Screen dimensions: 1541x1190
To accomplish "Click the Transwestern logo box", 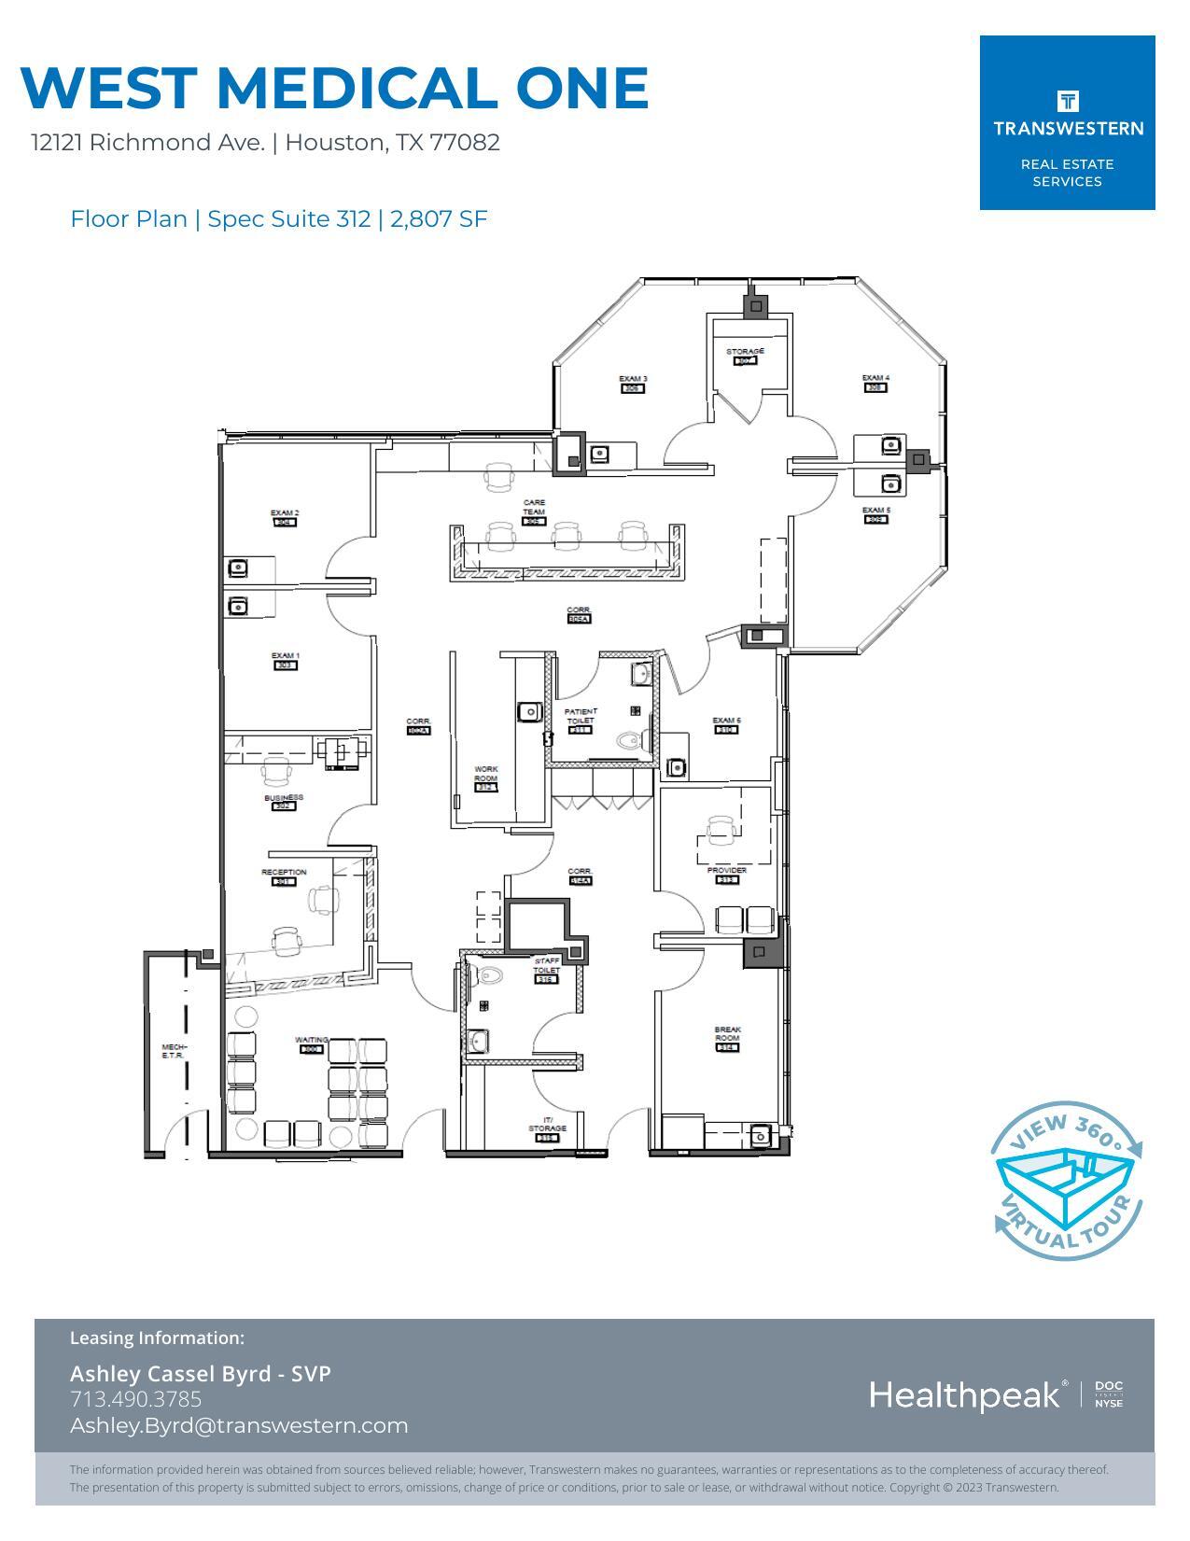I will pos(1067,122).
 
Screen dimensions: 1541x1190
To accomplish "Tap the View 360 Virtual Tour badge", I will pos(1067,1179).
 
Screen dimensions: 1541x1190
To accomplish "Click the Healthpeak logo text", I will pos(965,1395).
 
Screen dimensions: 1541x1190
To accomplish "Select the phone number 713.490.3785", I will pos(136,1399).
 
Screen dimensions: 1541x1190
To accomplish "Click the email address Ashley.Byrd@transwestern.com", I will pos(239,1425).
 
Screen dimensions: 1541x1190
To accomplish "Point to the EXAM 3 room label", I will pos(633,379).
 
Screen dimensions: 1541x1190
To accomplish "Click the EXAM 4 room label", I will pos(875,378).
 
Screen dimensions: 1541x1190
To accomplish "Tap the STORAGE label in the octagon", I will pos(745,352).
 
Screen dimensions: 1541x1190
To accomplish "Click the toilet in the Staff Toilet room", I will pos(489,976).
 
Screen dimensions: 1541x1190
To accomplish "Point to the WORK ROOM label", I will pos(485,774).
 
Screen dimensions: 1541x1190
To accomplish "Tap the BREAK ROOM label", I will pos(727,1034).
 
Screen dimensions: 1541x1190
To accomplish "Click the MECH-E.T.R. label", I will pos(174,1051).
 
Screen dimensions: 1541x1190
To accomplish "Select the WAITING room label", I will pos(311,1040).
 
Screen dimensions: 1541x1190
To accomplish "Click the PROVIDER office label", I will pos(726,870).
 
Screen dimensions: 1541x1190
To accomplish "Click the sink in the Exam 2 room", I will pos(239,567).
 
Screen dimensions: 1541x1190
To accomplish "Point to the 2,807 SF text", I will pos(439,218).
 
